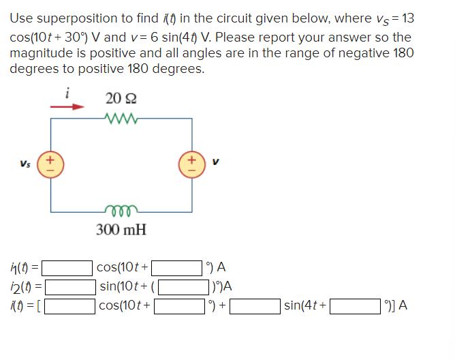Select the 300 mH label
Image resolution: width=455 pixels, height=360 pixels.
(121, 229)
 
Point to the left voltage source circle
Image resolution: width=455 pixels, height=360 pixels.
(51, 166)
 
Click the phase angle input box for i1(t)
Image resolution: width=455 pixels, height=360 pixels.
(180, 268)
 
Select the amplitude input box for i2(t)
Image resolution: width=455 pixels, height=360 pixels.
(69, 286)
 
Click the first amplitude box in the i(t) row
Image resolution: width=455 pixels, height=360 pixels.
(70, 305)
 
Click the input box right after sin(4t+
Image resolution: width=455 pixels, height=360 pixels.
(355, 305)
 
